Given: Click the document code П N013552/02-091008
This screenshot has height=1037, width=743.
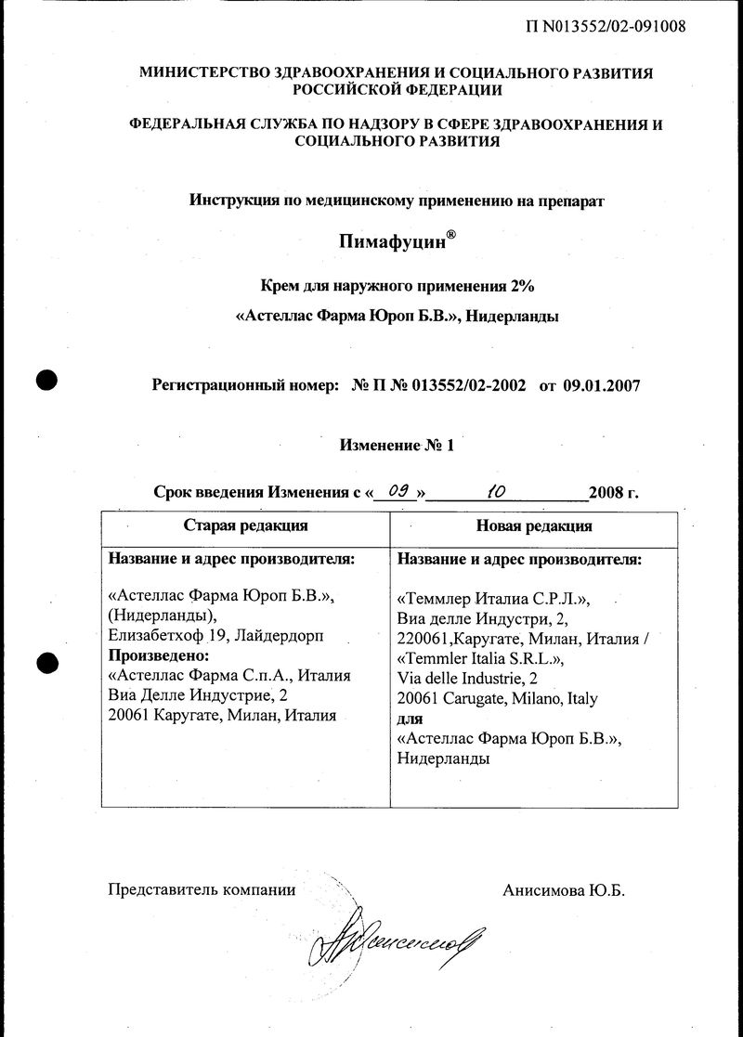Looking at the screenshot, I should coord(605,26).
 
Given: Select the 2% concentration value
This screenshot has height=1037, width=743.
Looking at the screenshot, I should coord(523,284).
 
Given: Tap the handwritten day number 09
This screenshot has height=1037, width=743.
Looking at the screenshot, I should coord(400,491).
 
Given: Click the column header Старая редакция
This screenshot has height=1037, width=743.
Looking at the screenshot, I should coord(246,525).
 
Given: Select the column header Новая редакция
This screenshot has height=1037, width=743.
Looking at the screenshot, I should coord(534,525).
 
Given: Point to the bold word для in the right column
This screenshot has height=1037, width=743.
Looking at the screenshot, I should coord(410,719).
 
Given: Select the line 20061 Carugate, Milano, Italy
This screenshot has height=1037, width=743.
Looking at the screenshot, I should coord(497,698).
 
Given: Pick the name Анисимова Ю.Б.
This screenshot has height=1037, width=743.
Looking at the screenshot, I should coord(564,890).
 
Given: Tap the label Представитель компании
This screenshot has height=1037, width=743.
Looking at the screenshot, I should coord(202,890).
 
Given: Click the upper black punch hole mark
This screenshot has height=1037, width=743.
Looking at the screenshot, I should coord(46,380).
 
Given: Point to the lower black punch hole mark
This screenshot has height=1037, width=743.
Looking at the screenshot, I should coord(46,662).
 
